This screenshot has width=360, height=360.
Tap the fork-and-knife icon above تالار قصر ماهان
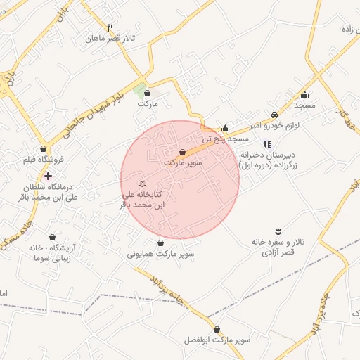click(110, 27)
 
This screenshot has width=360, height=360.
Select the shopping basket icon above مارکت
click(147, 93)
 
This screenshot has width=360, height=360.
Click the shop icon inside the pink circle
click(183, 152)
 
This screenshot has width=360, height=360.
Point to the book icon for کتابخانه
click(143, 183)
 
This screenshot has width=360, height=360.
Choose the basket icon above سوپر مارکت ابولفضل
click(217, 329)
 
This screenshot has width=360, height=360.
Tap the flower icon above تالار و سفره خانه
click(278, 231)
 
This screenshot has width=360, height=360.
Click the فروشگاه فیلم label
click(44, 160)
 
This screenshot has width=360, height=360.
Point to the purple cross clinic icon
click(47, 176)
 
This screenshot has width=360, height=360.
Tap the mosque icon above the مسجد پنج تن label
click(225, 129)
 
